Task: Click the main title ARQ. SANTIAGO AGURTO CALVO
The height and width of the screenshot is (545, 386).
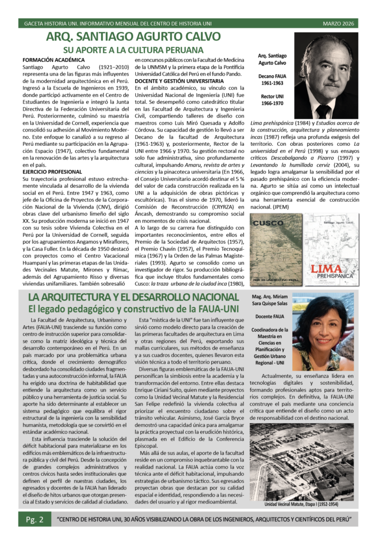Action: click(133, 37)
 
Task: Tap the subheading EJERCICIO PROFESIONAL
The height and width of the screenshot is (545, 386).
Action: click(52, 172)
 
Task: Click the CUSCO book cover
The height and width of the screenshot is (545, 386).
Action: click(275, 249)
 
